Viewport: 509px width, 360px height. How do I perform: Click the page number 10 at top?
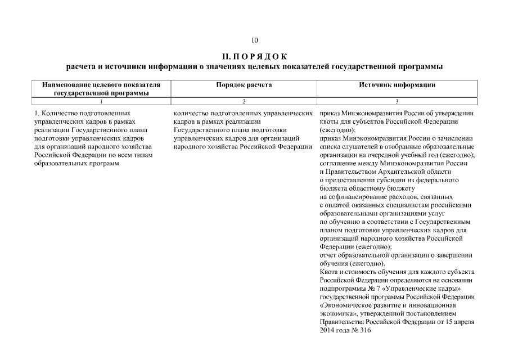254,40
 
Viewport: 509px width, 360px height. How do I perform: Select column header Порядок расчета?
244,85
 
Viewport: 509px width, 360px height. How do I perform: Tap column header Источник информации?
397,85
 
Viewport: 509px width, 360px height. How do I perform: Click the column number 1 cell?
101,101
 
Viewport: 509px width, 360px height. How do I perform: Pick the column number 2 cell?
244,101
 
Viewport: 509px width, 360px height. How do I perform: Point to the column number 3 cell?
397,101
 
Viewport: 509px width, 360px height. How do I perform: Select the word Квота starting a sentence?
328,272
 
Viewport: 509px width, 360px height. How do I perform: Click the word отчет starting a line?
327,255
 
